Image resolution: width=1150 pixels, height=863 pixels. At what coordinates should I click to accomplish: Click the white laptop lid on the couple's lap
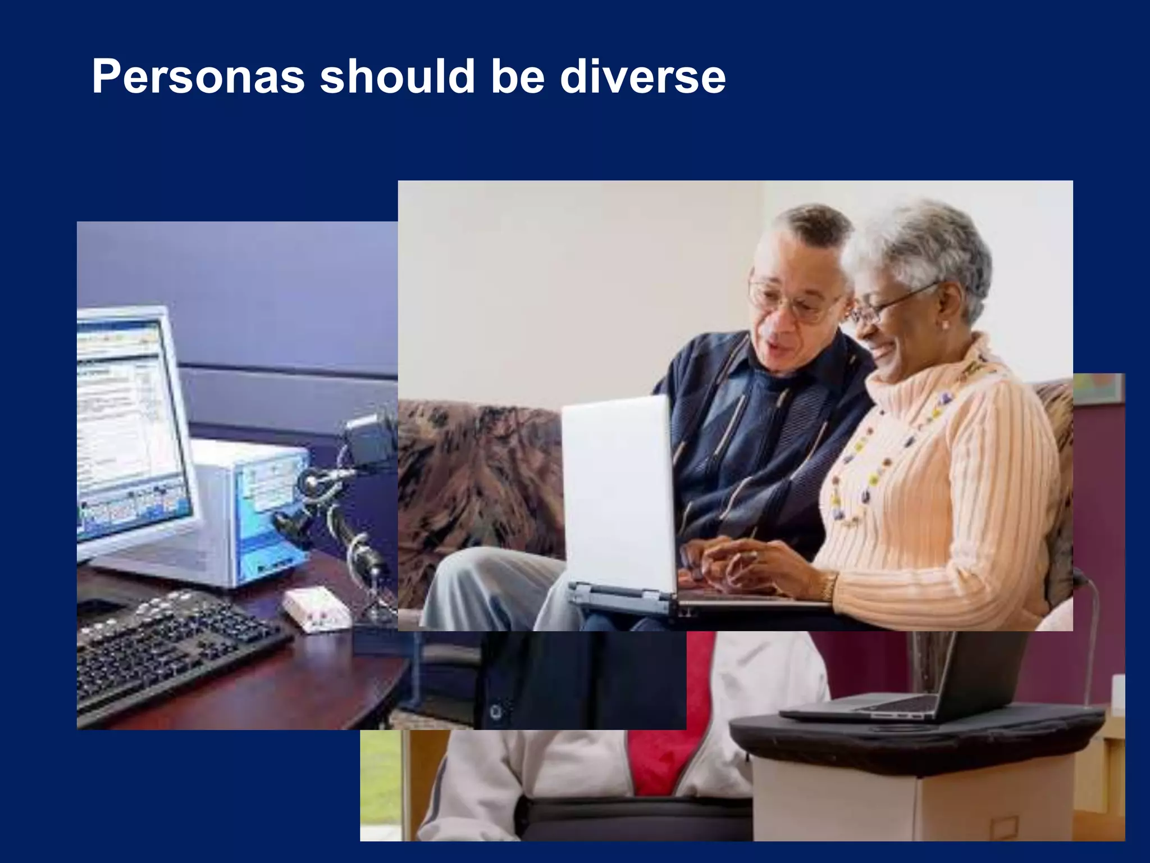(618, 494)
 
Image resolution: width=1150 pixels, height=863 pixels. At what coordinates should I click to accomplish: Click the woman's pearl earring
(944, 325)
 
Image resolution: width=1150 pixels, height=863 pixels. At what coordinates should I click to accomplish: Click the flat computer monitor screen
(129, 427)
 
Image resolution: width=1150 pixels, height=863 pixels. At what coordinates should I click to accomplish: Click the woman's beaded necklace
(876, 449)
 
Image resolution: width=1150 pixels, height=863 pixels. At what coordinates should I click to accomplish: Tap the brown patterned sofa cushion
(477, 483)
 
